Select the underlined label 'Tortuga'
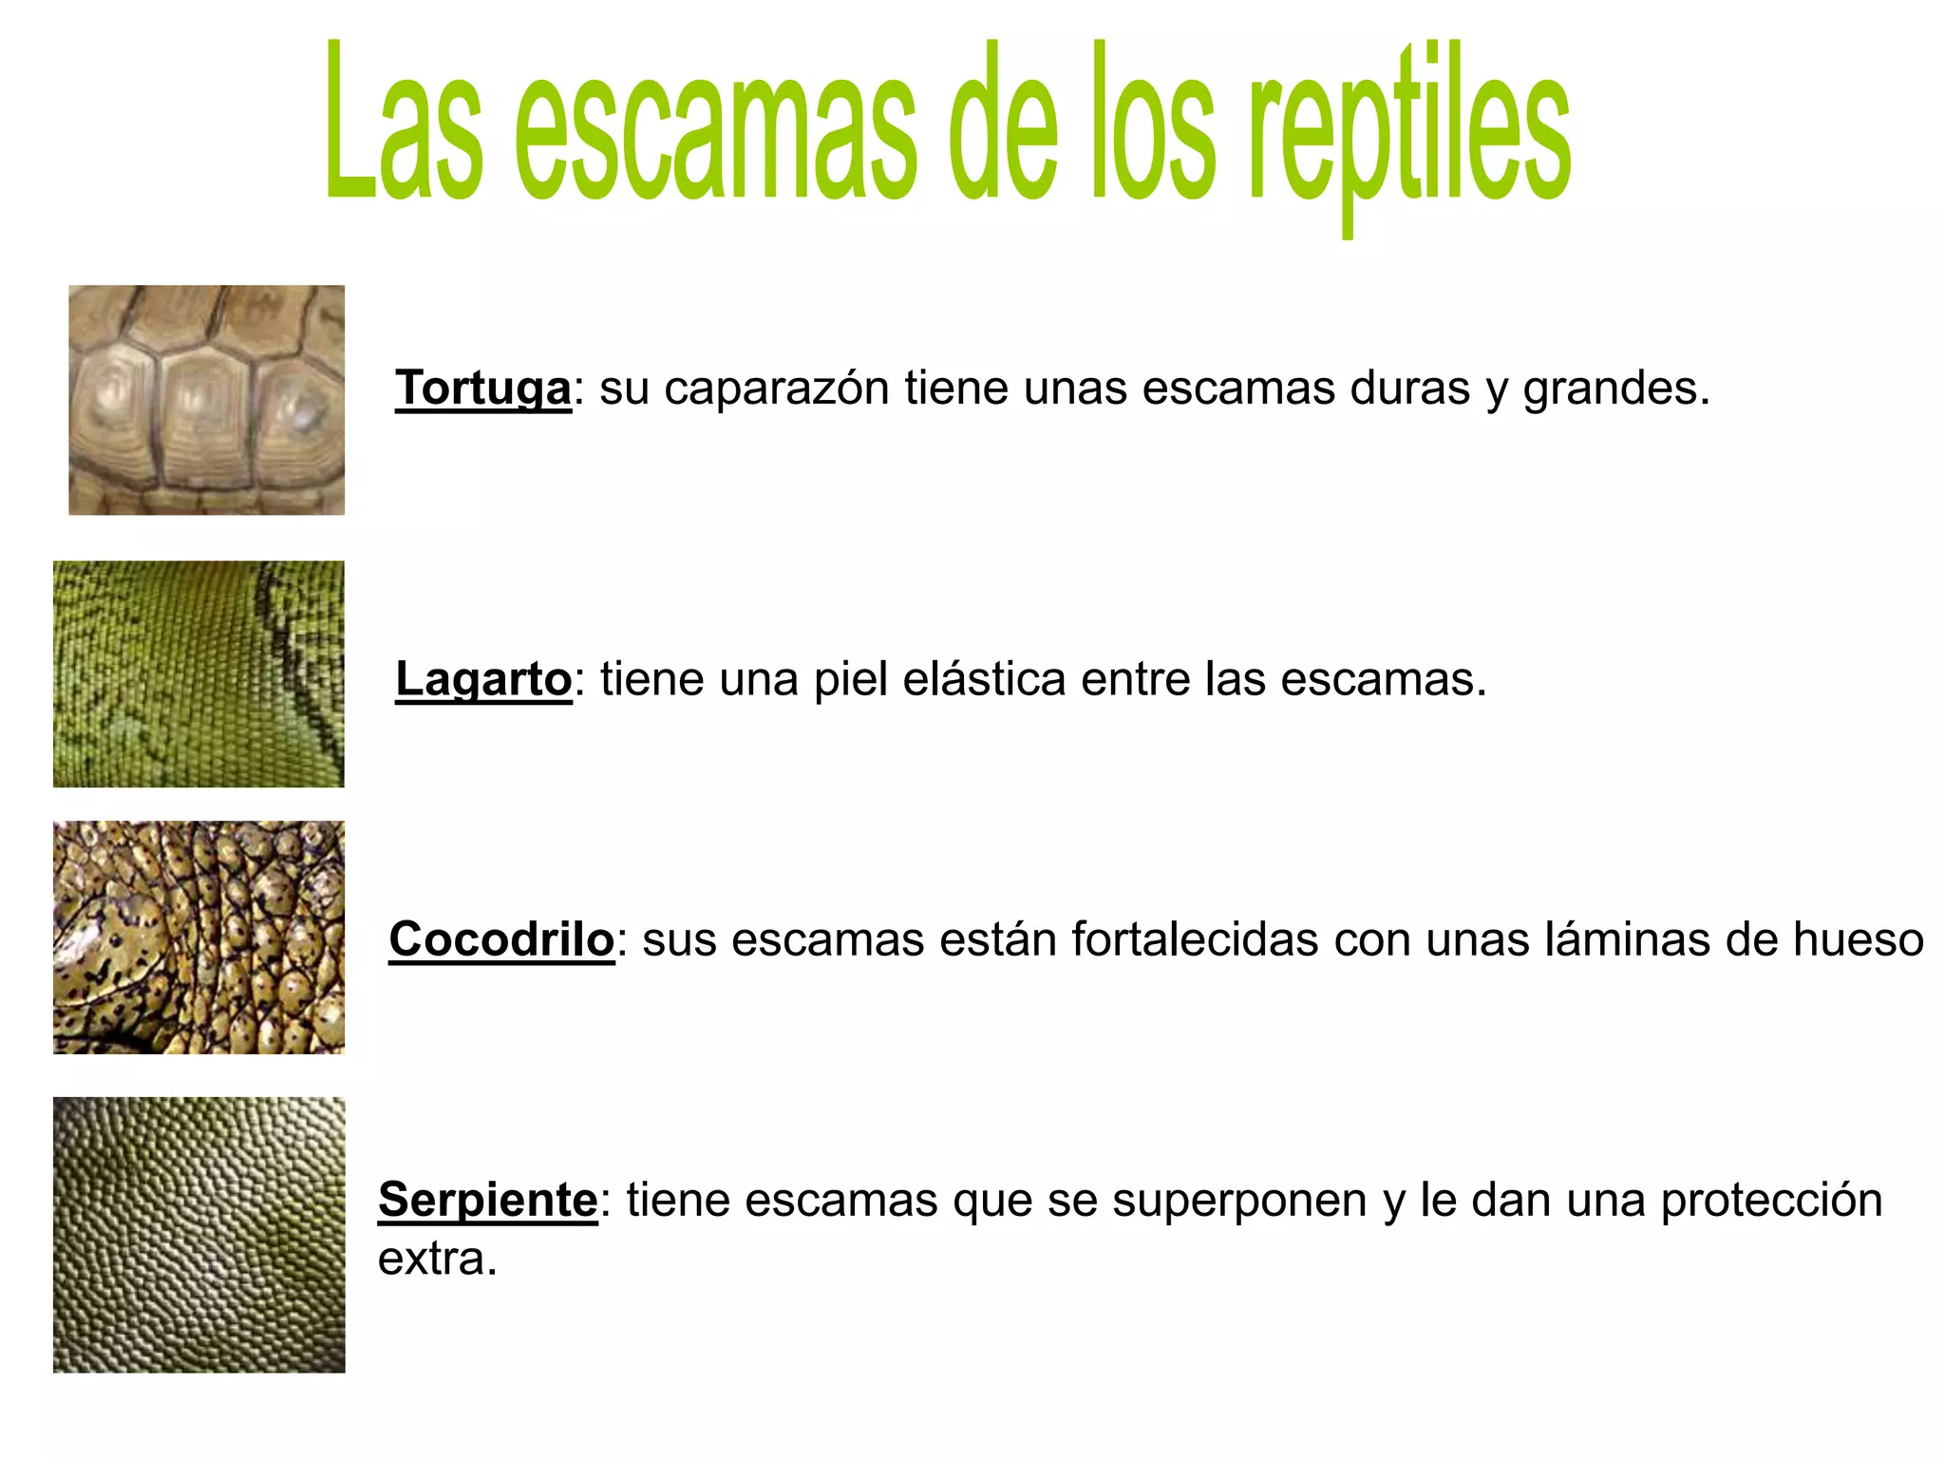point(483,388)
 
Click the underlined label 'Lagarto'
point(483,679)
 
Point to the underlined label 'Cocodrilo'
point(501,939)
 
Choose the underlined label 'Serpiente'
point(488,1199)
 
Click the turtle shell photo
point(206,400)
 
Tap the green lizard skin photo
point(198,673)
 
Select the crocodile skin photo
point(198,938)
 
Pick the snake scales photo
point(198,1234)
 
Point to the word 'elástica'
point(984,679)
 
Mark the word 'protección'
point(1771,1201)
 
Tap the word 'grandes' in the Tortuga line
point(1615,388)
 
